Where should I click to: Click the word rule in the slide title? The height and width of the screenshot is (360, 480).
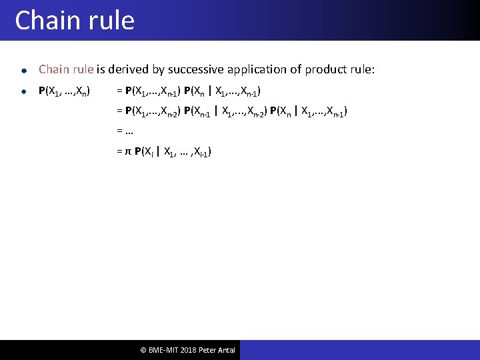[x=110, y=21]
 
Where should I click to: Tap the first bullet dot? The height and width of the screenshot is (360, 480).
[x=23, y=70]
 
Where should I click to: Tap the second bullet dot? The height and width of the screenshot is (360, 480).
[x=23, y=91]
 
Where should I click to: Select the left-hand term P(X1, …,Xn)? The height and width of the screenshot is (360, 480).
[x=65, y=91]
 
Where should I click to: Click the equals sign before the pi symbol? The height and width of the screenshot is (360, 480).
[x=119, y=152]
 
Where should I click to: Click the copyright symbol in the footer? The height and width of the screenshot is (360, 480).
[x=143, y=350]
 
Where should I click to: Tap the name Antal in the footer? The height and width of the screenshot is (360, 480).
[x=226, y=350]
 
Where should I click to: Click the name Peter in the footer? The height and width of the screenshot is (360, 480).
[x=207, y=350]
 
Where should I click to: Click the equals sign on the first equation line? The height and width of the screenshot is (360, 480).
[x=119, y=91]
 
